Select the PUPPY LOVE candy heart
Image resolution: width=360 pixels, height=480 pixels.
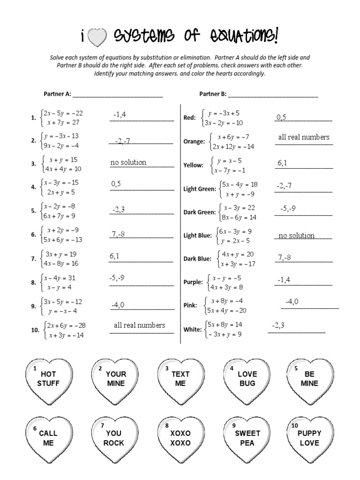tap(309, 438)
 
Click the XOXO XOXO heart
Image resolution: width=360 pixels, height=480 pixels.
tap(180, 438)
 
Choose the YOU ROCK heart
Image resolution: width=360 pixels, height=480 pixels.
tap(114, 438)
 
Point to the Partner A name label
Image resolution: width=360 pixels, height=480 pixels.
tap(57, 94)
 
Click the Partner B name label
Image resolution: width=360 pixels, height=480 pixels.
tap(212, 94)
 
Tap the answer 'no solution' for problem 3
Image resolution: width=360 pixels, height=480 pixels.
tap(128, 163)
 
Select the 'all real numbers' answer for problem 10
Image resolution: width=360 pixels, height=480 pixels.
tap(139, 325)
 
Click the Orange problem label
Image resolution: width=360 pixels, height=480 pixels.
tap(194, 142)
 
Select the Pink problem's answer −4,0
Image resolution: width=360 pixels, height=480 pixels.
tap(292, 302)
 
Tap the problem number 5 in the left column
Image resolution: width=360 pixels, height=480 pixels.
tap(33, 211)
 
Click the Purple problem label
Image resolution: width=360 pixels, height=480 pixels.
tap(193, 282)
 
